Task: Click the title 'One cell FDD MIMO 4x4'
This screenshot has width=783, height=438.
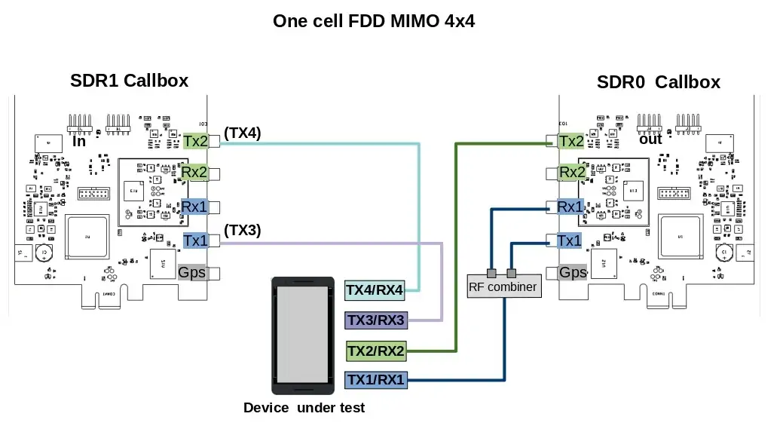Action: (374, 20)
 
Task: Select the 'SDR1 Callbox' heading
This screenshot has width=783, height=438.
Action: (129, 80)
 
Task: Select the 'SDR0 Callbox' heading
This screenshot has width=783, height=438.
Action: (658, 81)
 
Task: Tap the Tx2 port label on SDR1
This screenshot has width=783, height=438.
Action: (195, 140)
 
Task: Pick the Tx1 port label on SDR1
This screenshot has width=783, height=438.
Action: (195, 240)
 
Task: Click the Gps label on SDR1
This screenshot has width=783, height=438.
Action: (192, 272)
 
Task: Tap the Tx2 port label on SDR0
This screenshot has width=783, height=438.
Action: (570, 141)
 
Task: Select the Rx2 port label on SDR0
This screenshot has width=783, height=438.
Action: (571, 173)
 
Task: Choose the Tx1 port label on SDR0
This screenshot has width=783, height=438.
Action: (570, 240)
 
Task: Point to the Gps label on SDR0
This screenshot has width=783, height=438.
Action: (573, 272)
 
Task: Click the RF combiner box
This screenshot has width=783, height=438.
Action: (503, 286)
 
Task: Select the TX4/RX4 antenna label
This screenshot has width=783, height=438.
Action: (375, 289)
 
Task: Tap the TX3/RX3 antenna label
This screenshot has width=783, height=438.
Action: (375, 320)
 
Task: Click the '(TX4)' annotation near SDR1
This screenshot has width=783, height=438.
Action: (242, 133)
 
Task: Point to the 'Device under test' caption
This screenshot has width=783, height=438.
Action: (304, 408)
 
